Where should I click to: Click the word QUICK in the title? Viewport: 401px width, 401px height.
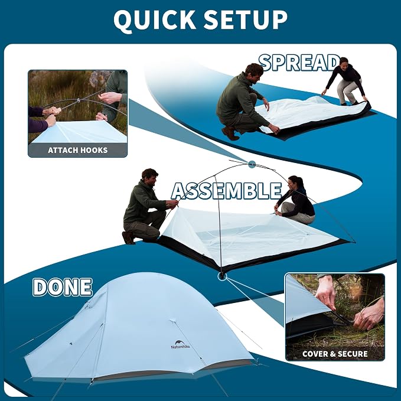coord(155,20)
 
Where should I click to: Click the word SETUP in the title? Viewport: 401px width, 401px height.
coord(246,20)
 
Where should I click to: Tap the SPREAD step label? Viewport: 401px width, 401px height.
coord(299,63)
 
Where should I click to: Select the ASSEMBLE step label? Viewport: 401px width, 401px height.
coord(226,191)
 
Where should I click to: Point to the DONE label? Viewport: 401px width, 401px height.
coord(63,287)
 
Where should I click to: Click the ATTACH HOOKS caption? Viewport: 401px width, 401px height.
coord(78,150)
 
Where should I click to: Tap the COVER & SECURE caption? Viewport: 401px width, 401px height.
coord(335,354)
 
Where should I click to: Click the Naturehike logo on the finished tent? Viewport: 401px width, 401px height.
coord(181,344)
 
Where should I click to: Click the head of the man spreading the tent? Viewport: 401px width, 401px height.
coord(253,73)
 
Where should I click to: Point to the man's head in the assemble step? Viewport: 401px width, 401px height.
coord(150,177)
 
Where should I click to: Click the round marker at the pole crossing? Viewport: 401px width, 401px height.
coord(252,164)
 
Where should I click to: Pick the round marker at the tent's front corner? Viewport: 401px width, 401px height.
coord(222,276)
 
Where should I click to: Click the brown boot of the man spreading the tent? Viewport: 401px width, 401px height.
coord(230,133)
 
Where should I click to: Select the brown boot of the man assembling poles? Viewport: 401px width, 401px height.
coord(129,238)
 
